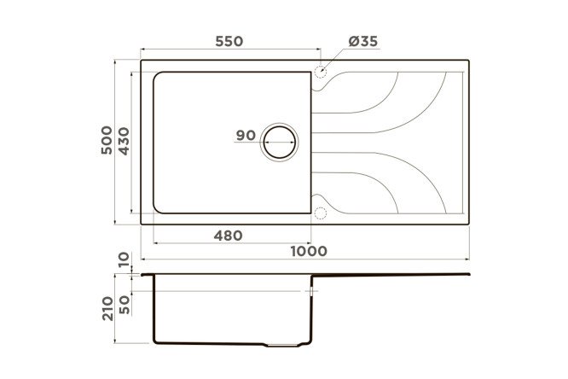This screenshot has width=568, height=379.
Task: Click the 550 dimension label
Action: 229,41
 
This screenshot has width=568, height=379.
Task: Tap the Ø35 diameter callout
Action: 363,41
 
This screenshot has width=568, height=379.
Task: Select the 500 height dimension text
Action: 107,140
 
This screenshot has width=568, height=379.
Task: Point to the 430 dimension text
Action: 124,141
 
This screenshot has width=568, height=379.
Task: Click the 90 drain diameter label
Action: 246,135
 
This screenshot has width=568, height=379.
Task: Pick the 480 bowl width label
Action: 228,236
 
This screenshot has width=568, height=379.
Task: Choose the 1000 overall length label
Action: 309,251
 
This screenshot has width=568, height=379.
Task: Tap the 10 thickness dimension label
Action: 124,259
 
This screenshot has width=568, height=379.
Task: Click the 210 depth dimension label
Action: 107,308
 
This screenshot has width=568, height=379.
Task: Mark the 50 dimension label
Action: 124,305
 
